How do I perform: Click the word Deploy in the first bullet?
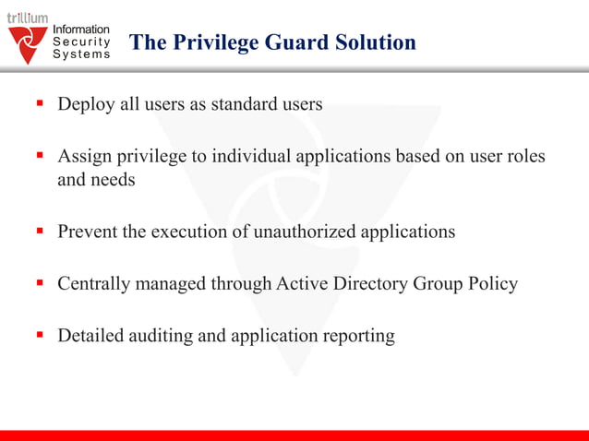point(85,104)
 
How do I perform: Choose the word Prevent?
point(88,232)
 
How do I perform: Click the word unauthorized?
point(307,232)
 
